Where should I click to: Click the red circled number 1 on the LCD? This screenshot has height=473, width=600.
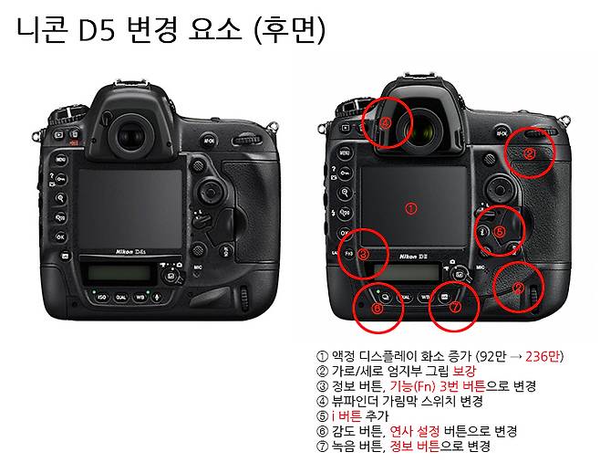pyautogui.click(x=410, y=208)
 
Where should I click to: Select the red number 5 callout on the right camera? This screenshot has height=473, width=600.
pyautogui.click(x=499, y=232)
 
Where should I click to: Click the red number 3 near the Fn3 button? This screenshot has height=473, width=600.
pyautogui.click(x=362, y=255)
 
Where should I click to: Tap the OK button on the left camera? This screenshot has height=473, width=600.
pyautogui.click(x=60, y=236)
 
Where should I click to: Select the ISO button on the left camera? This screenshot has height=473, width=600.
pyautogui.click(x=101, y=298)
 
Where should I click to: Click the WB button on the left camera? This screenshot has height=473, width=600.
pyautogui.click(x=140, y=298)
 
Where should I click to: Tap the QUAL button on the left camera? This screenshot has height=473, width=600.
pyautogui.click(x=121, y=298)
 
